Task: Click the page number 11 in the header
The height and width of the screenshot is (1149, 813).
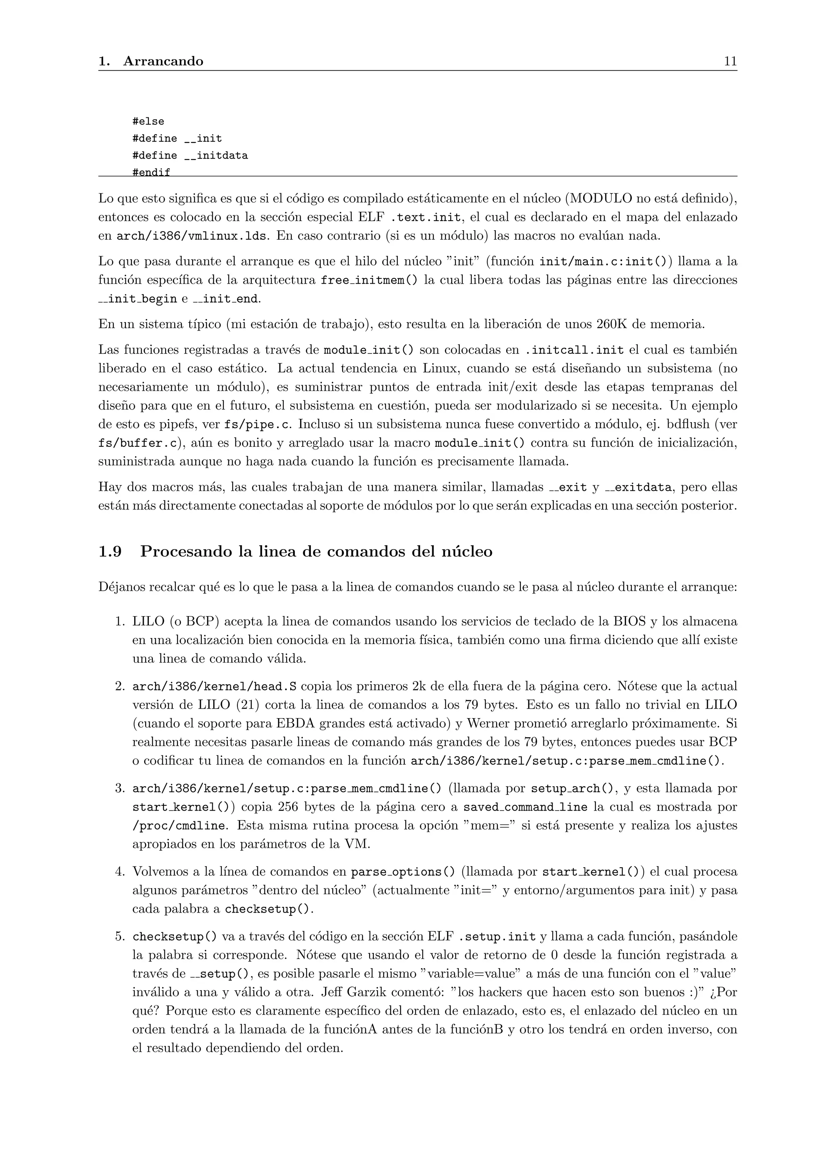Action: tap(730, 61)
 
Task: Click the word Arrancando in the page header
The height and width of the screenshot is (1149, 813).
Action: tap(163, 61)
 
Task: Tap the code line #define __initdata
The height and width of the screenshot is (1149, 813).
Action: tap(190, 156)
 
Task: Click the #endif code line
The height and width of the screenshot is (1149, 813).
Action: tap(151, 172)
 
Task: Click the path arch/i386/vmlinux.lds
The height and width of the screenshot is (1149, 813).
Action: tap(191, 236)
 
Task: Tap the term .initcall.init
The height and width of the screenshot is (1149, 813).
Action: tap(574, 350)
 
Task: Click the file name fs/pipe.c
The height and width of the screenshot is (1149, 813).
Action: tap(257, 425)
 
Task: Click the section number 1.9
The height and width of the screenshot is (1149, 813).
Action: tap(110, 551)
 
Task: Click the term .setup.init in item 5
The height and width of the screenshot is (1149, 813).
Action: tap(497, 937)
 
